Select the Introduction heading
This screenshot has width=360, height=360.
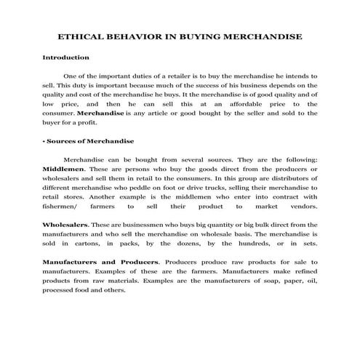click(x=65, y=57)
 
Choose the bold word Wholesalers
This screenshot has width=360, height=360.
click(x=66, y=225)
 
